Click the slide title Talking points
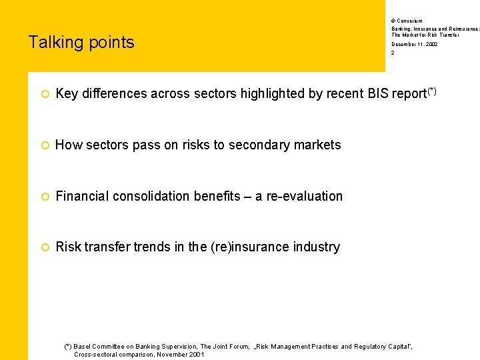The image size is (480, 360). click(81, 43)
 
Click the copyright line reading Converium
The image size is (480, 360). click(409, 21)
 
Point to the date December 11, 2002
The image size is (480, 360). click(414, 44)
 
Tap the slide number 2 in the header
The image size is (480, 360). click(393, 53)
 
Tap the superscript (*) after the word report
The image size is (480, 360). click(432, 90)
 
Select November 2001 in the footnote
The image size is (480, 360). click(181, 355)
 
